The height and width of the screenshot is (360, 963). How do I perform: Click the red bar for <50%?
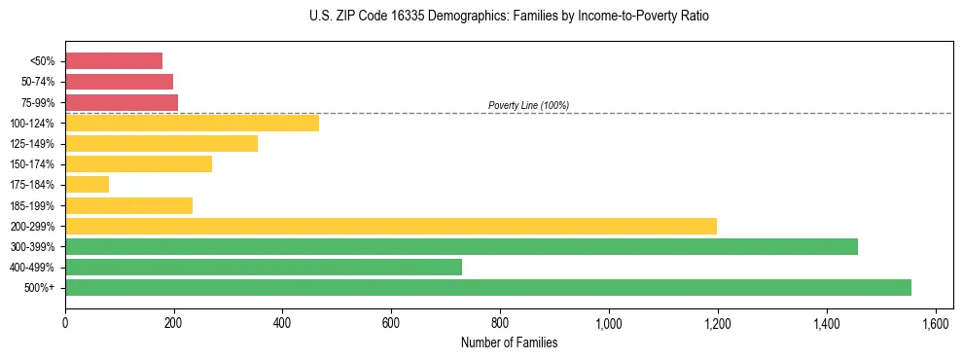pyautogui.click(x=114, y=61)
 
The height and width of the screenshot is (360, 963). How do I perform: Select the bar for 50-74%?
pyautogui.click(x=119, y=82)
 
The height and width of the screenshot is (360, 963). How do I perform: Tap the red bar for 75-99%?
pyautogui.click(x=122, y=102)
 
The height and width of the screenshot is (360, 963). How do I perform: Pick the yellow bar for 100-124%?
pyautogui.click(x=192, y=123)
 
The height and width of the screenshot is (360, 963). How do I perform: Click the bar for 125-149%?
pyautogui.click(x=161, y=144)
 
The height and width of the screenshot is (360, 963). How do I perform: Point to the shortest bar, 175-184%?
pyautogui.click(x=87, y=185)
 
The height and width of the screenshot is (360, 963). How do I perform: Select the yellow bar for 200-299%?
pyautogui.click(x=391, y=226)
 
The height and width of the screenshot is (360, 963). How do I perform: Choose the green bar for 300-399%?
pyautogui.click(x=461, y=246)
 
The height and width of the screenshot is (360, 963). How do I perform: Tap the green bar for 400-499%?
pyautogui.click(x=264, y=267)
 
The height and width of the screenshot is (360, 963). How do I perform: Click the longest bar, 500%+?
pyautogui.click(x=488, y=287)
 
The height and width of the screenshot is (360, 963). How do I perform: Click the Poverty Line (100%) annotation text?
pyautogui.click(x=528, y=105)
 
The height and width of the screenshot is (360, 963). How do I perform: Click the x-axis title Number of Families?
pyautogui.click(x=509, y=342)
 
